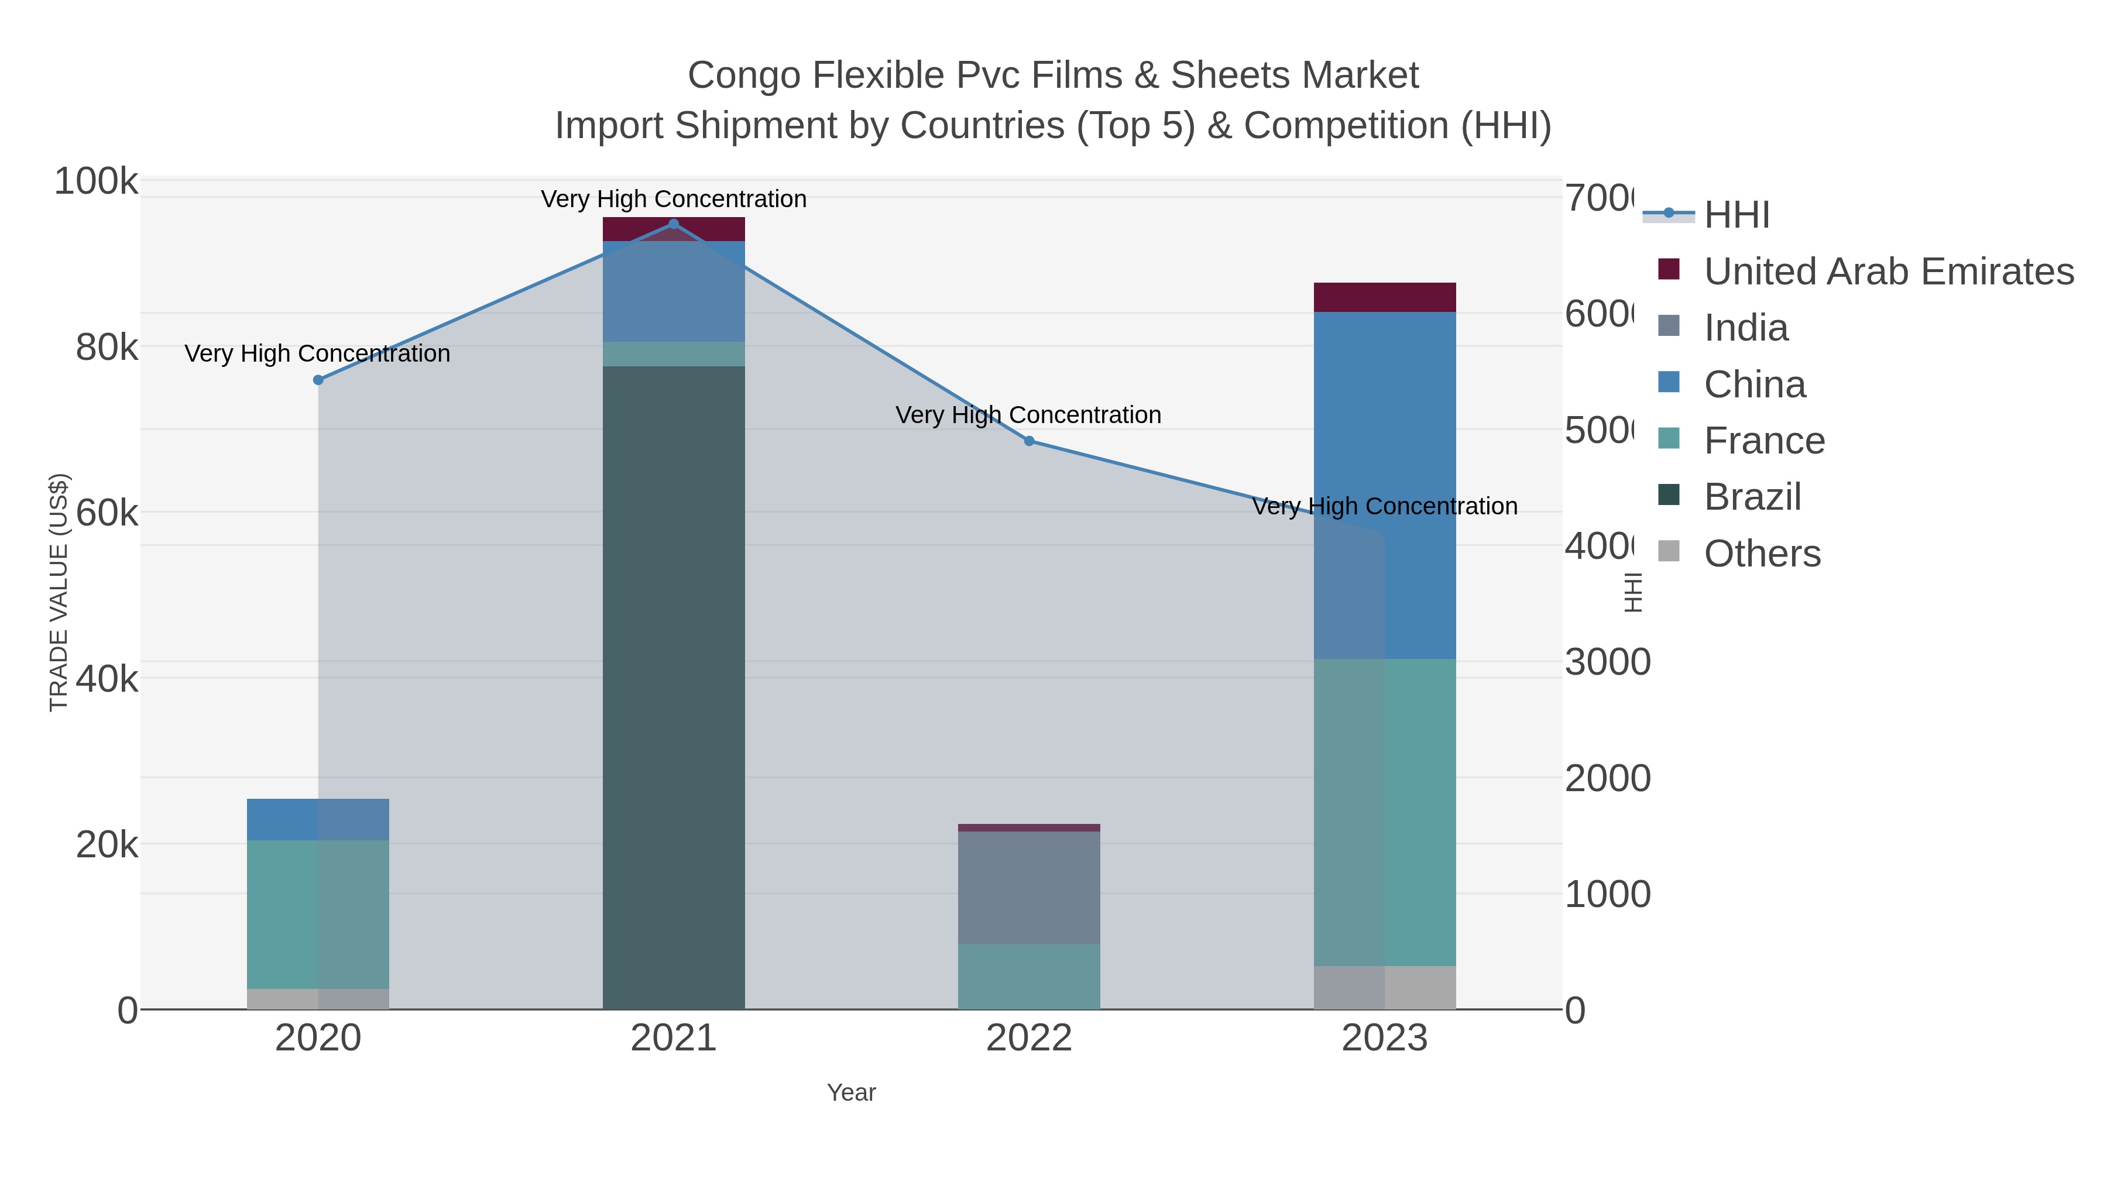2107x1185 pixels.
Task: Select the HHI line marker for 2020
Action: coord(318,380)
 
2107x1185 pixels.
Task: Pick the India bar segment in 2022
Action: coord(1029,887)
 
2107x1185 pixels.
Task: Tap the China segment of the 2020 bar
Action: coord(318,819)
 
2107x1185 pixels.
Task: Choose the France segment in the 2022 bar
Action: coord(1029,977)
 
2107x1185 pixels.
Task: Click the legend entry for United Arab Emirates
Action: coord(1888,272)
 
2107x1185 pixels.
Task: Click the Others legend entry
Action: coord(1762,554)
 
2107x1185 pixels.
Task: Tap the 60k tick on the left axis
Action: coord(107,514)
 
